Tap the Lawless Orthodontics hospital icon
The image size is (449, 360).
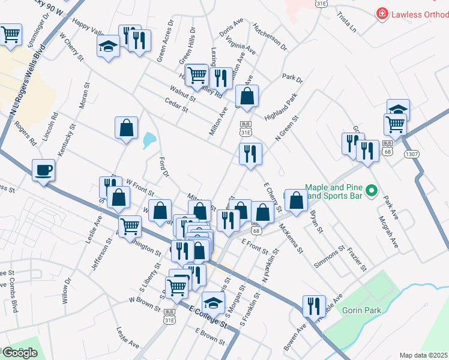point(381,14)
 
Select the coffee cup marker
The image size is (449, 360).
point(43,170)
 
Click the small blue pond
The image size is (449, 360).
point(148,140)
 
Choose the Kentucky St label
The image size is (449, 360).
point(71,139)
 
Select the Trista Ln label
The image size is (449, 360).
point(346,22)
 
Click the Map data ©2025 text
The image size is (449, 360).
point(424,355)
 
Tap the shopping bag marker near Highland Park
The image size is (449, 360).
point(246,95)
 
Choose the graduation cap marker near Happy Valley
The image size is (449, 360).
point(108,46)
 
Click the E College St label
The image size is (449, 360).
point(208,317)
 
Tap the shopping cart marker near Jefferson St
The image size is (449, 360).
point(130,227)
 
